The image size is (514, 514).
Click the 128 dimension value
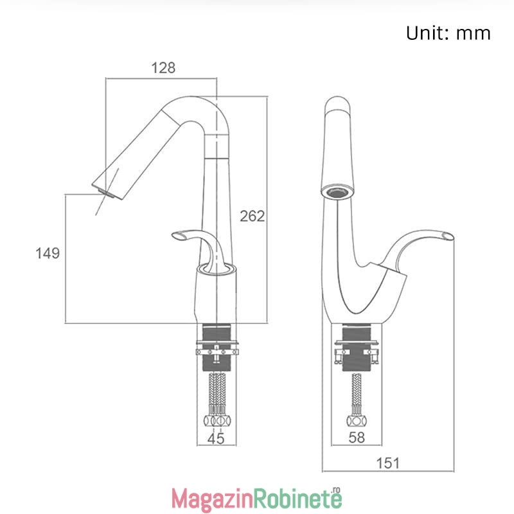[x=163, y=68]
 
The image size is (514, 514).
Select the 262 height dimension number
[x=252, y=216]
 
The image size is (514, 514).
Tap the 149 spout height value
[x=48, y=253]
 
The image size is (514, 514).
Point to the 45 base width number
[x=216, y=439]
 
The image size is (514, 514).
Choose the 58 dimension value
[x=357, y=438]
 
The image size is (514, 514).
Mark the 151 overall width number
[x=388, y=463]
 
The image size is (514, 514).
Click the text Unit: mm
[x=448, y=33]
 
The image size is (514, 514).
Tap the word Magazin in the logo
[x=213, y=499]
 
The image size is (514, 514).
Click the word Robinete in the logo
[x=298, y=498]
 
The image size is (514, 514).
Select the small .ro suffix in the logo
[x=336, y=490]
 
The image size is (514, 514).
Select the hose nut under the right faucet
[x=357, y=421]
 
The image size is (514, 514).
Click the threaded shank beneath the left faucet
[x=217, y=348]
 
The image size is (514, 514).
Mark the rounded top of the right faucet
[x=337, y=103]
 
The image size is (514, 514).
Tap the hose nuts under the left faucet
[x=217, y=421]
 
